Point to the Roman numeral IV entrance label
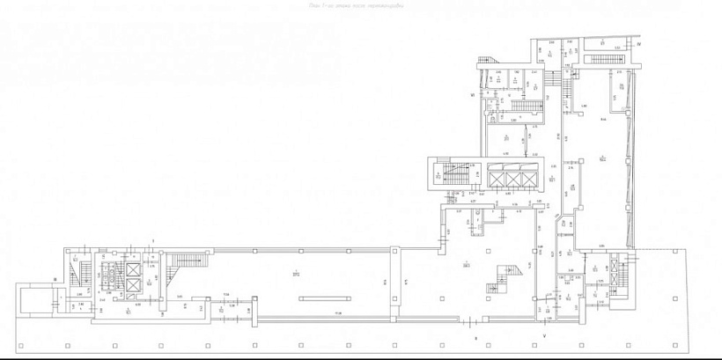coord(640,43)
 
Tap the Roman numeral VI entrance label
coord(473,94)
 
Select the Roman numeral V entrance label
coord(544,336)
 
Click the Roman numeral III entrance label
coord(55,278)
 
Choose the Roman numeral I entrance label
coord(153,239)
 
